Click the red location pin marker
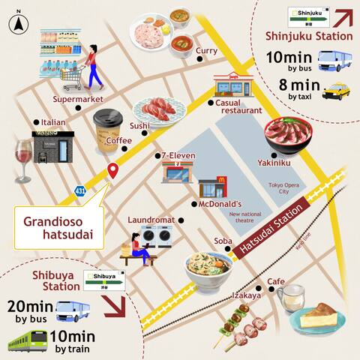pyautogui.click(x=113, y=170)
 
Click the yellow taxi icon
pyautogui.click(x=336, y=91)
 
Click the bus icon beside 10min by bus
pyautogui.click(x=335, y=59)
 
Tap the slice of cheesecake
pyautogui.click(x=321, y=317)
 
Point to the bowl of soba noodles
pyautogui.click(x=212, y=269)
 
